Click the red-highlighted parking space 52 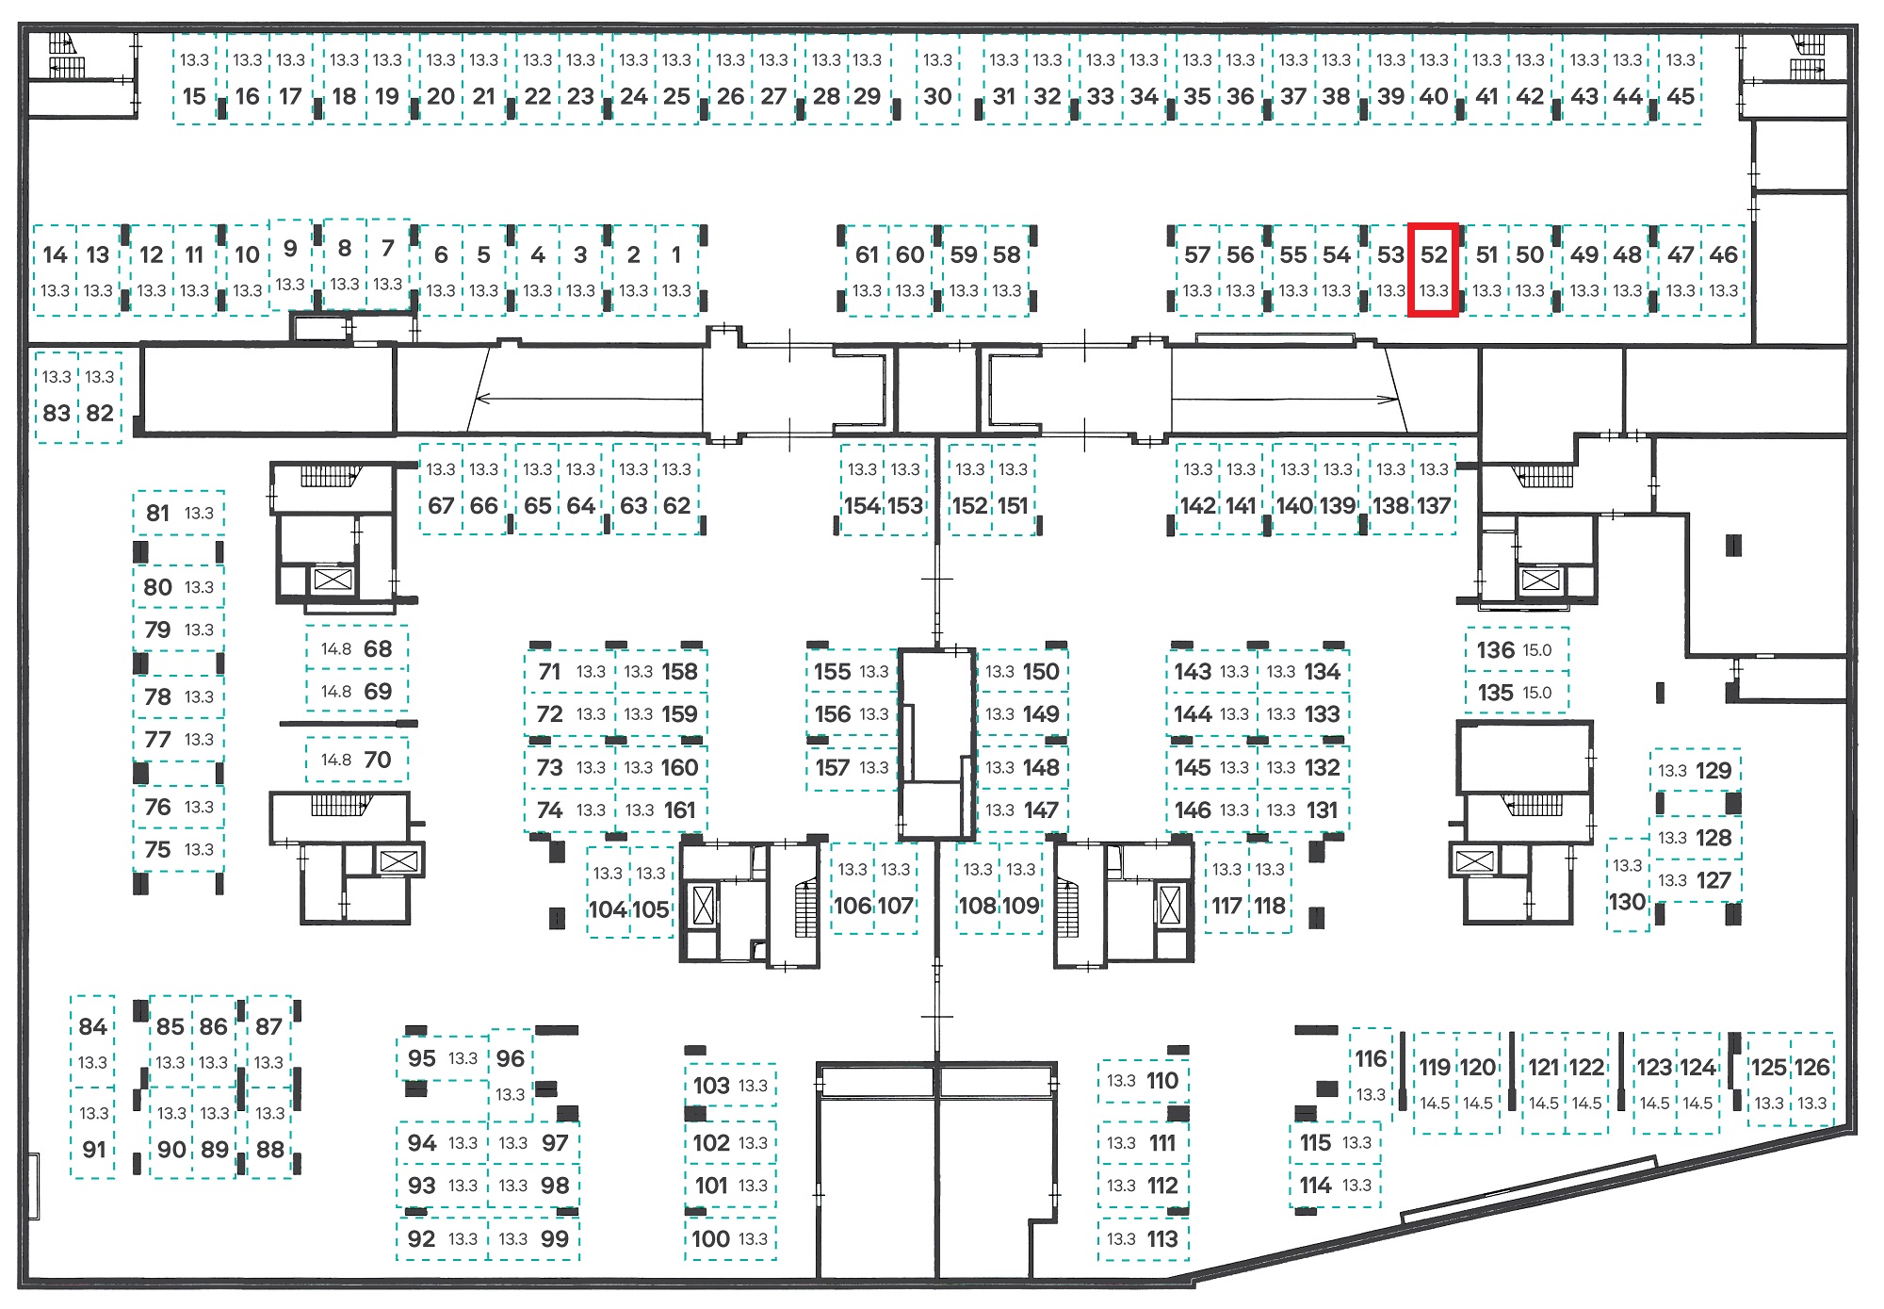(x=1433, y=270)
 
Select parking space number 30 (x=937, y=79)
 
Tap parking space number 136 (x=1517, y=650)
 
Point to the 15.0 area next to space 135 (x=1537, y=693)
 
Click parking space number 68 (x=357, y=648)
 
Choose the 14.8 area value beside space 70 (x=336, y=760)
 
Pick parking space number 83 (x=57, y=396)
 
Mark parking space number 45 (x=1681, y=79)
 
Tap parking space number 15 (x=195, y=79)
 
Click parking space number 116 (x=1371, y=1075)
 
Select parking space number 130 (x=1628, y=885)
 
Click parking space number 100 (x=731, y=1238)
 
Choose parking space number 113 (x=1144, y=1238)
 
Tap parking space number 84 (x=92, y=1041)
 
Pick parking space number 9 (x=290, y=264)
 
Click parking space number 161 (x=660, y=810)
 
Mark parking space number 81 (x=179, y=514)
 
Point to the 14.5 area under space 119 (x=1435, y=1103)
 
